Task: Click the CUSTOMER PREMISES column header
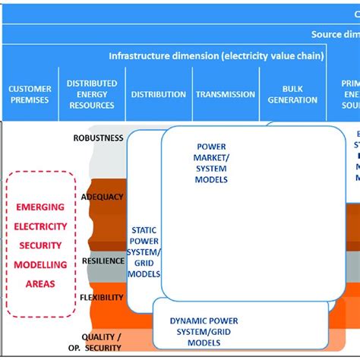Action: pyautogui.click(x=30, y=94)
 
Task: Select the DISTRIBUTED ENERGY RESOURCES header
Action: pyautogui.click(x=92, y=94)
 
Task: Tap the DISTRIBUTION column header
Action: pyautogui.click(x=158, y=94)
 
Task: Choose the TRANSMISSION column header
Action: pyautogui.click(x=226, y=94)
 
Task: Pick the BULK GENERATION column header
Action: pyautogui.click(x=292, y=94)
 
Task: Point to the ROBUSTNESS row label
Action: pyautogui.click(x=98, y=138)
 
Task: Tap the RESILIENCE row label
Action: pyautogui.click(x=102, y=261)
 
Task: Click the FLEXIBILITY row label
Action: pyautogui.click(x=102, y=297)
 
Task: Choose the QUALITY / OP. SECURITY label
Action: pyautogui.click(x=101, y=342)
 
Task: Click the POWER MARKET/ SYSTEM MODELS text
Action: pyautogui.click(x=211, y=163)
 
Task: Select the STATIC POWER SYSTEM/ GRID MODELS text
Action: pyautogui.click(x=144, y=247)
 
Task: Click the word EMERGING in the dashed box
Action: pyautogui.click(x=41, y=207)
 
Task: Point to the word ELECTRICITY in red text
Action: pyautogui.click(x=41, y=226)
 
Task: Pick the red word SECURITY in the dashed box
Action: pyautogui.click(x=41, y=245)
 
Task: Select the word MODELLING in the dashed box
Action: pyautogui.click(x=41, y=265)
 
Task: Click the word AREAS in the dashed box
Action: pyautogui.click(x=41, y=284)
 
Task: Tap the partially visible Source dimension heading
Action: pyautogui.click(x=334, y=34)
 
